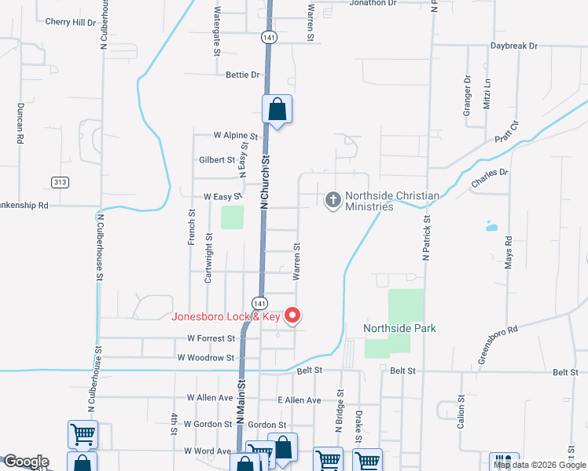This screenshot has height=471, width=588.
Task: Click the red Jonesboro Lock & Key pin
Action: click(x=293, y=316)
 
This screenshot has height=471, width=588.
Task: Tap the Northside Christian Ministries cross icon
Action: click(x=333, y=199)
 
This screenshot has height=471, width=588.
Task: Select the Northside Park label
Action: click(x=399, y=327)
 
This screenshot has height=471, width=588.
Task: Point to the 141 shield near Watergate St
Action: click(x=269, y=37)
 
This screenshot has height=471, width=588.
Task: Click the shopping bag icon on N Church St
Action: click(x=277, y=110)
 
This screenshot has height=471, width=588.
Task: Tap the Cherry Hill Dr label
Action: click(x=71, y=23)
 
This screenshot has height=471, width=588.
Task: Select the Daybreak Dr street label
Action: click(x=514, y=46)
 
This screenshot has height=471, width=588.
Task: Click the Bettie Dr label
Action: click(x=242, y=75)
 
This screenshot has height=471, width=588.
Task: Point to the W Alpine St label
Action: click(x=225, y=135)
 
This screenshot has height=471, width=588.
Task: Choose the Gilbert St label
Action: click(x=218, y=159)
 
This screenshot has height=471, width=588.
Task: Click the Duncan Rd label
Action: click(x=20, y=122)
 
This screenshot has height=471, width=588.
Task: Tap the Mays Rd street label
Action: click(x=509, y=250)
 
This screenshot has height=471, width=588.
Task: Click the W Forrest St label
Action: click(x=211, y=338)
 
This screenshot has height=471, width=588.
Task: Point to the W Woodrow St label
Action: click(x=206, y=357)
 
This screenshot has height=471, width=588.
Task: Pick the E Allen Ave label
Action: click(x=300, y=400)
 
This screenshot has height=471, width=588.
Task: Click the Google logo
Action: click(x=25, y=462)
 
